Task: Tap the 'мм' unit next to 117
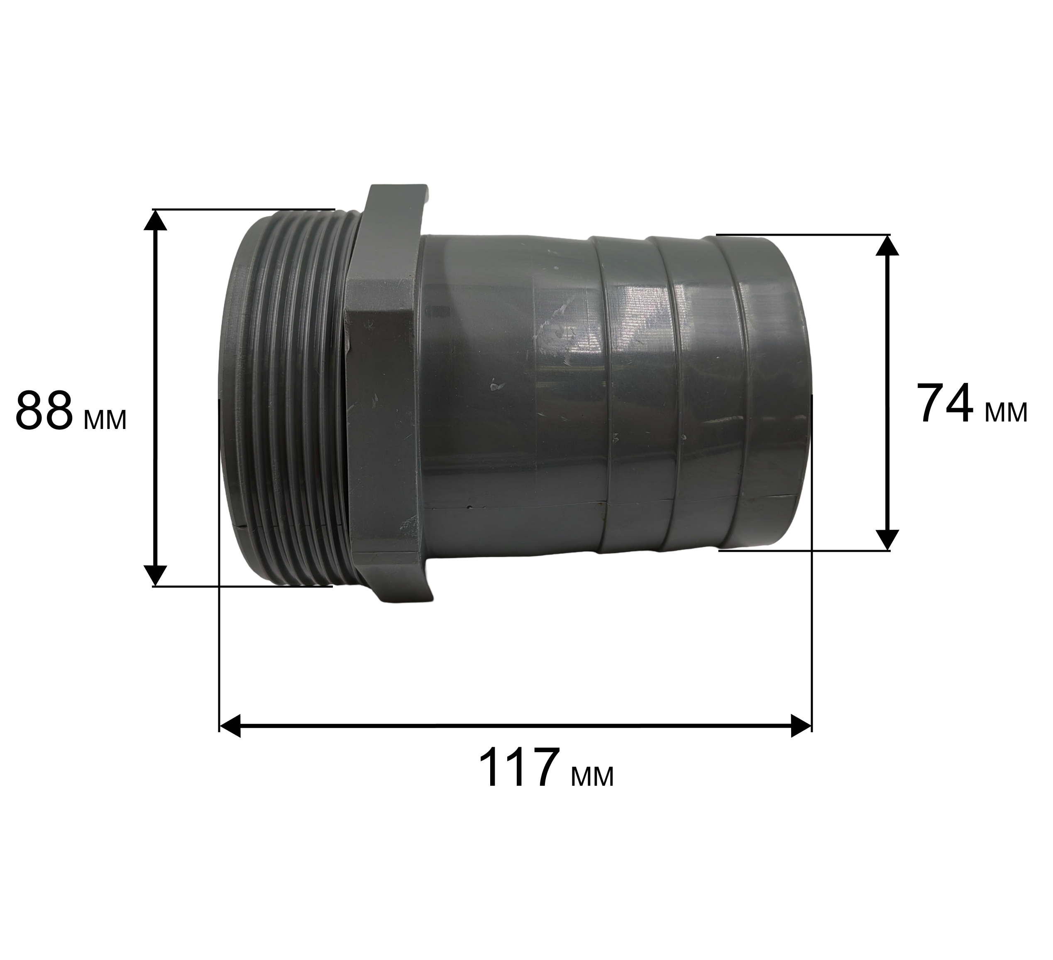[593, 777]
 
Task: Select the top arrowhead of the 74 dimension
[887, 245]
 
